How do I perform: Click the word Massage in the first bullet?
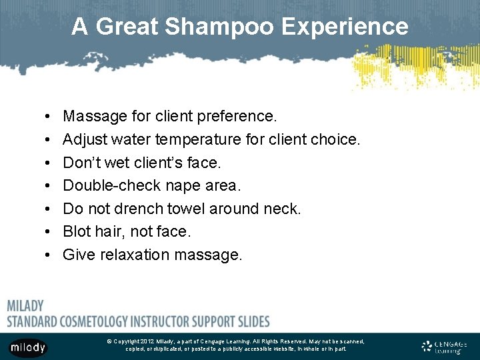pyautogui.click(x=95, y=117)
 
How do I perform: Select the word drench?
pyautogui.click(x=138, y=209)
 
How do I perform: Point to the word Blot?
pyautogui.click(x=77, y=232)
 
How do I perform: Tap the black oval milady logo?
pyautogui.click(x=27, y=347)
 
